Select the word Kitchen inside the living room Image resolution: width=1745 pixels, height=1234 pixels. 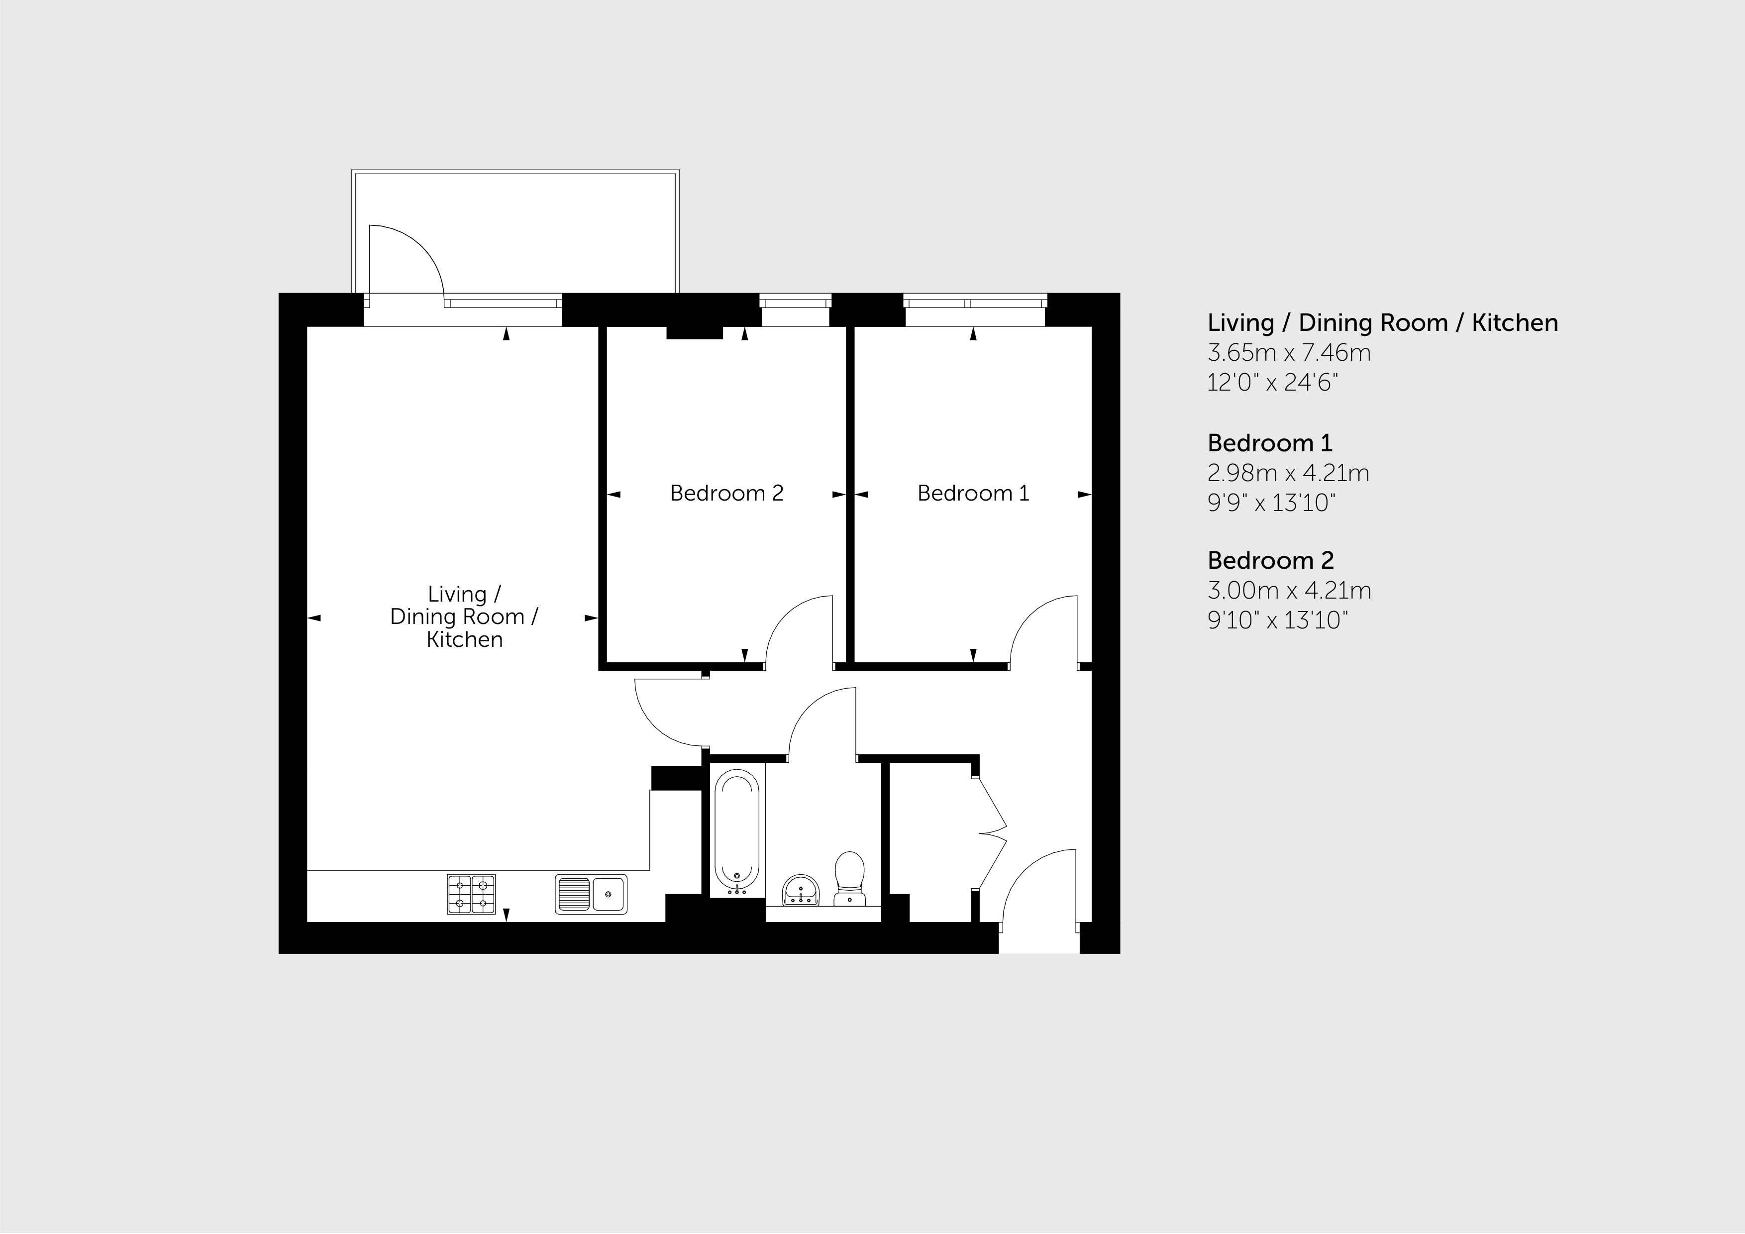click(464, 640)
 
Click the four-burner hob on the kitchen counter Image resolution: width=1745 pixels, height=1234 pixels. click(471, 894)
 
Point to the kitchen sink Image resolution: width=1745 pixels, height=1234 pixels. click(591, 894)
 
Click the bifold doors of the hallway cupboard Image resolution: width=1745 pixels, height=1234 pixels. click(992, 833)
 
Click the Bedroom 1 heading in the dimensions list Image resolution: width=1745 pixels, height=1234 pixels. click(1270, 443)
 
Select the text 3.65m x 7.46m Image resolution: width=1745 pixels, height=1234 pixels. click(1289, 353)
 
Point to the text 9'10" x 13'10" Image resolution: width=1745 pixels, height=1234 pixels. click(1278, 620)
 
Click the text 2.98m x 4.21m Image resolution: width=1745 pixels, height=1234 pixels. click(1288, 473)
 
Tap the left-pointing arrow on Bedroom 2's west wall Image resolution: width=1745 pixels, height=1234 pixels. click(614, 495)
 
